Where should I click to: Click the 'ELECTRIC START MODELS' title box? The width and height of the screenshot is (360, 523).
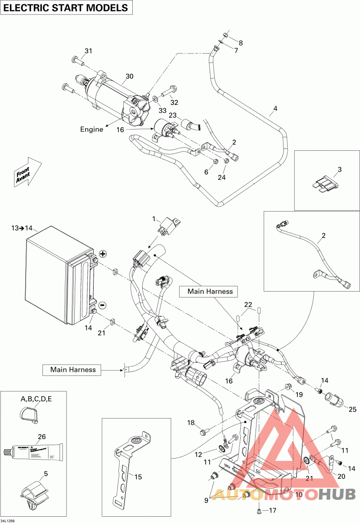tap(66, 8)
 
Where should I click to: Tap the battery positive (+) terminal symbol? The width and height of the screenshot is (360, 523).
tap(103, 254)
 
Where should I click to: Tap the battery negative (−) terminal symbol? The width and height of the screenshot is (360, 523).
tap(102, 305)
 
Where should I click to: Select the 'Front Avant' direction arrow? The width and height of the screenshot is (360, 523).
tap(26, 172)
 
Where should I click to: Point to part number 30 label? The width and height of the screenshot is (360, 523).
tap(130, 77)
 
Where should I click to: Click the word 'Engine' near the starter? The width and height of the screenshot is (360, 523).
tap(92, 129)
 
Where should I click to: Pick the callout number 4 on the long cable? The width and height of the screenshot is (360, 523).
tap(275, 108)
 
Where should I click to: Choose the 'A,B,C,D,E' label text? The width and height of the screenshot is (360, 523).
tap(36, 399)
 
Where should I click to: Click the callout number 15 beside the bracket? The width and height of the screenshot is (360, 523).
tap(138, 477)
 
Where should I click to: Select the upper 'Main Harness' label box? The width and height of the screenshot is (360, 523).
tap(210, 292)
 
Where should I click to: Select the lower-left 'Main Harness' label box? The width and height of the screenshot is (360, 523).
tap(73, 370)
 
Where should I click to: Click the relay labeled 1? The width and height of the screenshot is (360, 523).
tap(168, 224)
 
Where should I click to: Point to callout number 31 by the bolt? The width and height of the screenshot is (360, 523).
tap(88, 51)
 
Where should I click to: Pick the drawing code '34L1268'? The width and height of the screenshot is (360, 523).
tap(8, 520)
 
